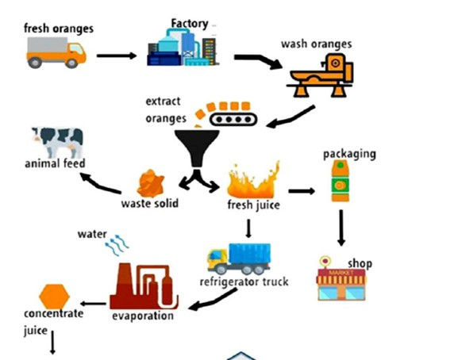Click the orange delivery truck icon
pyautogui.click(x=56, y=53)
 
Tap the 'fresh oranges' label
pyautogui.click(x=58, y=29)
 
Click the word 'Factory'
pyautogui.click(x=190, y=23)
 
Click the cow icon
pyautogui.click(x=55, y=142)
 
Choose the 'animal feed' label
pyautogui.click(x=55, y=164)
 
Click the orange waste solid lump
pyautogui.click(x=148, y=183)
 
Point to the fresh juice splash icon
pyautogui.click(x=253, y=181)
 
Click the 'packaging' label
pyautogui.click(x=348, y=154)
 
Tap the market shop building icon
pyautogui.click(x=340, y=281)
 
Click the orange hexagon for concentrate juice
pyautogui.click(x=54, y=295)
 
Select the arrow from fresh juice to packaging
pyautogui.click(x=301, y=190)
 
